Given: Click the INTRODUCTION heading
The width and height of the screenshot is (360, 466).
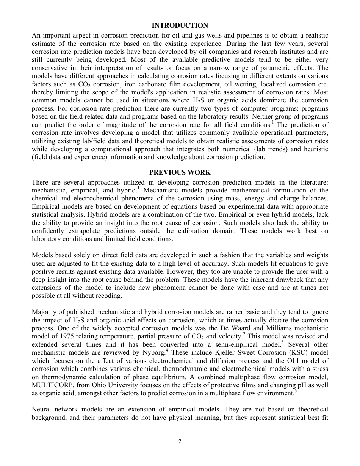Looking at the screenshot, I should pyautogui.click(x=180, y=25).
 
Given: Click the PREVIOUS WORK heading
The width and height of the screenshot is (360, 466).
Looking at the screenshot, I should pyautogui.click(x=180, y=172).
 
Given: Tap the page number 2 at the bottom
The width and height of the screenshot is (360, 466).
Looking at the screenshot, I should pyautogui.click(x=180, y=441).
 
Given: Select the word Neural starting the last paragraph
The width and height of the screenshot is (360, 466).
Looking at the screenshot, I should pyautogui.click(x=42, y=410).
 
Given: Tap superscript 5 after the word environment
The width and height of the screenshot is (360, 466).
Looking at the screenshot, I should pyautogui.click(x=296, y=391).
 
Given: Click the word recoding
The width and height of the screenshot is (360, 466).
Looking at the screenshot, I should pyautogui.click(x=108, y=296).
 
